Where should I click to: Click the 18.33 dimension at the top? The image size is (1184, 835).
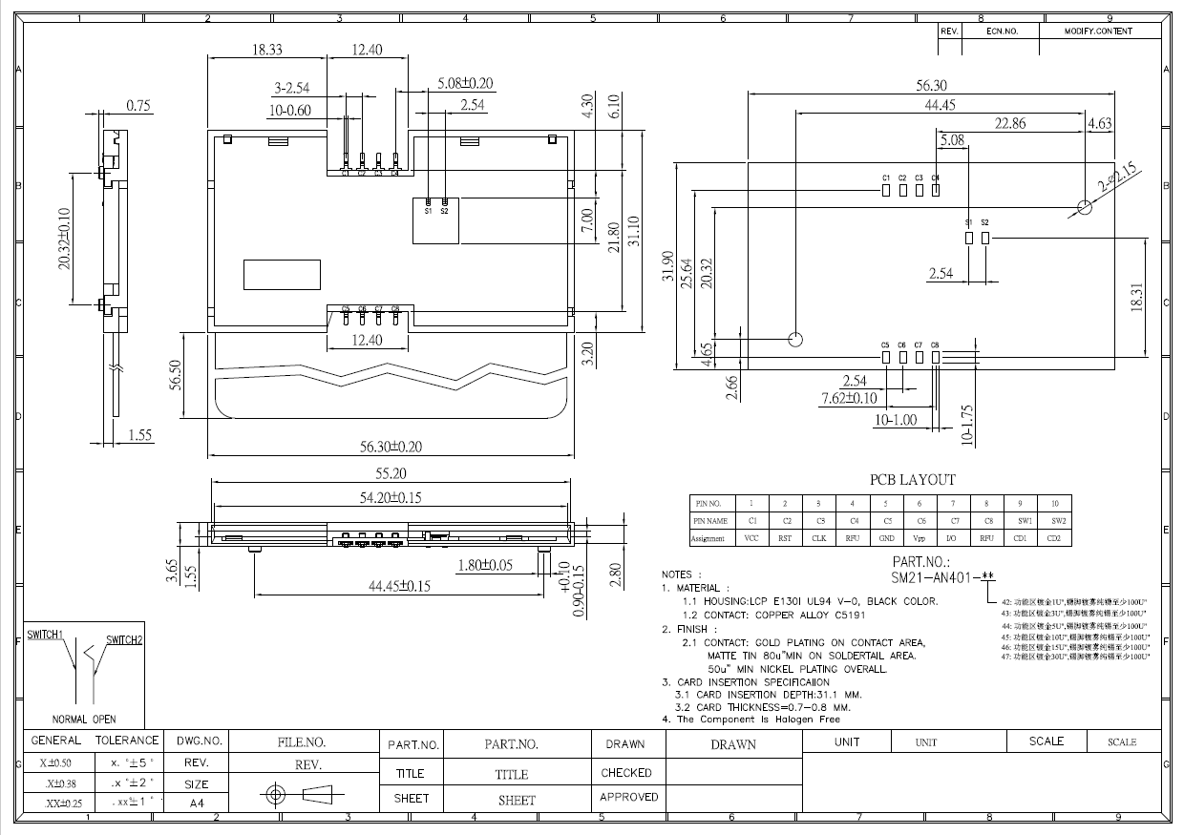[266, 50]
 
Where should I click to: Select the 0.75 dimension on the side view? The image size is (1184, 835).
[139, 106]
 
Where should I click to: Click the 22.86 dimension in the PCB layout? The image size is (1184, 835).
[1010, 123]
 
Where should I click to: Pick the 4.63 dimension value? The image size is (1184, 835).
[1099, 123]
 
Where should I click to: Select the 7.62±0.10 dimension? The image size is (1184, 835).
[849, 398]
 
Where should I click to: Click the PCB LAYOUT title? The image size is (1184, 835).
[912, 480]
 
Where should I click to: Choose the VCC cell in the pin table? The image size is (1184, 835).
[751, 538]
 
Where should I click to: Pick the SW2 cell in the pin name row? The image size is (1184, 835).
[1054, 521]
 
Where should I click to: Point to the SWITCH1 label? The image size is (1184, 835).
[45, 635]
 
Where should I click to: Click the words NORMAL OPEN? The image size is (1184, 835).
[84, 719]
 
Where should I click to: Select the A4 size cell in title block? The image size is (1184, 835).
[196, 804]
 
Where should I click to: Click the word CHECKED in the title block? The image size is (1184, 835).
[626, 773]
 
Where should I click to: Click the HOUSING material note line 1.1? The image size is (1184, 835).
[810, 601]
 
